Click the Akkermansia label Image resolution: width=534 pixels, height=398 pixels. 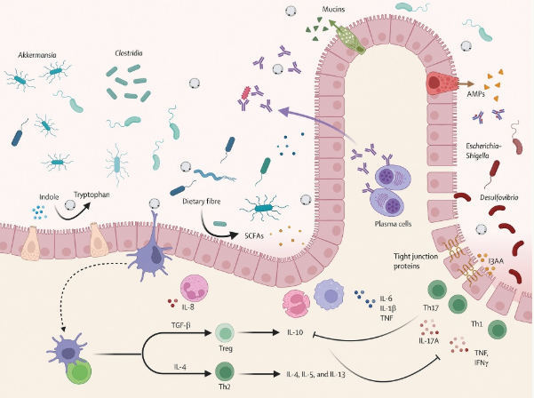[x=37, y=55]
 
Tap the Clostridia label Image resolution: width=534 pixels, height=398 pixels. [x=129, y=53]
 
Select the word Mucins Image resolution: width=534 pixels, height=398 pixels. [x=333, y=9]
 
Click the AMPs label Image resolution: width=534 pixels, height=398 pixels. [x=475, y=93]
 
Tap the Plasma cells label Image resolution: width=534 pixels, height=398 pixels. [x=393, y=224]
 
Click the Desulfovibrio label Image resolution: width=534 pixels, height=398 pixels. [x=499, y=197]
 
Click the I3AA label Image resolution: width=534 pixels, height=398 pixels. [x=496, y=261]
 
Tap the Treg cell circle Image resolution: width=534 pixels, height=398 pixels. [x=225, y=332]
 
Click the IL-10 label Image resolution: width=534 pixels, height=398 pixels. [x=295, y=332]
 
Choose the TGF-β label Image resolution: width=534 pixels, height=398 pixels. [x=181, y=325]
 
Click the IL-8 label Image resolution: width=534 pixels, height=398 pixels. [x=187, y=306]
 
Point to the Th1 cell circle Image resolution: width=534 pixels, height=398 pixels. [x=498, y=330]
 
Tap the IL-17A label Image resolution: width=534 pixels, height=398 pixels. [x=429, y=340]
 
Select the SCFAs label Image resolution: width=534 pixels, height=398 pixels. [x=254, y=235]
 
